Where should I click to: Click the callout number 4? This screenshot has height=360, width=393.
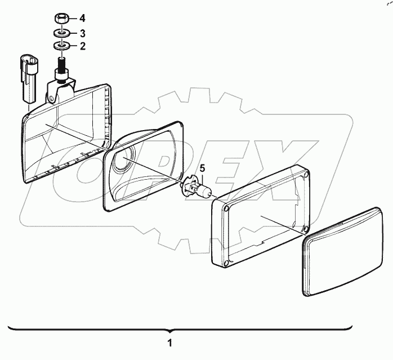click(x=83, y=17)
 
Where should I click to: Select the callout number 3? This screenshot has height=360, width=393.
click(x=83, y=32)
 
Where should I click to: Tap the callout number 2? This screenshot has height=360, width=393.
click(x=83, y=46)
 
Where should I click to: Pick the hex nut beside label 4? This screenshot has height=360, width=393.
click(x=61, y=18)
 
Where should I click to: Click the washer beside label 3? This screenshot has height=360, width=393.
click(x=61, y=33)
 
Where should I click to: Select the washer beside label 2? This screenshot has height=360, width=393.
click(x=61, y=46)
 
